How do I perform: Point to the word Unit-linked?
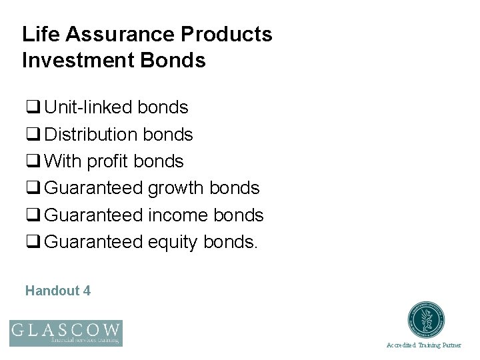click(89, 107)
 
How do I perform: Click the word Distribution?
click(94, 135)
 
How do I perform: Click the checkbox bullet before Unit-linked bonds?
click(31, 108)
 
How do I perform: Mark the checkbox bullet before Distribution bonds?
click(31, 135)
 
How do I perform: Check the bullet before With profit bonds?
click(31, 162)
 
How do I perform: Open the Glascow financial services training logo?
click(65, 333)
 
